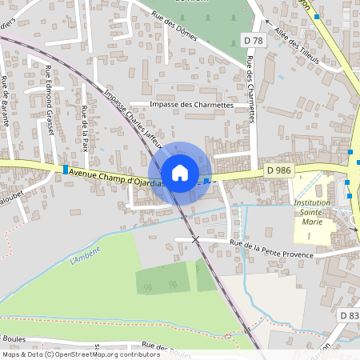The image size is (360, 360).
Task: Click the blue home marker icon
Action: click(180, 173)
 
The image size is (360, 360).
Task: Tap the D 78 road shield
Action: click(252, 40)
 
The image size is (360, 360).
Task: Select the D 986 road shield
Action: click(278, 170)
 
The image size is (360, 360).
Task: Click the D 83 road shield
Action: click(349, 316)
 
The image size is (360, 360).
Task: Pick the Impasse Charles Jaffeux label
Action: click(134, 120)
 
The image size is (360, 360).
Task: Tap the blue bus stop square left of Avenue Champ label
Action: click(65, 169)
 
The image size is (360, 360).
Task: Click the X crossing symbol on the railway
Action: click(195, 239)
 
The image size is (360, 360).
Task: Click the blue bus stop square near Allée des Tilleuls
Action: click(318, 17)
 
